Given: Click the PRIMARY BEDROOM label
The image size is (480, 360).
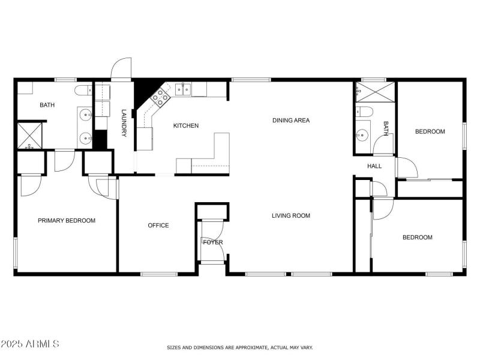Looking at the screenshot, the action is click(x=67, y=221).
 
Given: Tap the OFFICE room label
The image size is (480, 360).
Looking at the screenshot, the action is click(x=158, y=226).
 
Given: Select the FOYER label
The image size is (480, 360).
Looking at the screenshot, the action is click(x=212, y=242).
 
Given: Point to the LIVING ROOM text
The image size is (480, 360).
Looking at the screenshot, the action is click(x=291, y=215).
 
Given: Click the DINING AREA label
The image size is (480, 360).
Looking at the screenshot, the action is click(x=291, y=121).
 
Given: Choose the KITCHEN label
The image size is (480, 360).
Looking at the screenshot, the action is click(x=186, y=126).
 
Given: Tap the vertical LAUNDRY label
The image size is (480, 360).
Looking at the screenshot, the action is click(x=124, y=123).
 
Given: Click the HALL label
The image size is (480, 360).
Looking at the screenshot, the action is click(x=374, y=167).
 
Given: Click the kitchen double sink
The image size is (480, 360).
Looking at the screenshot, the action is click(x=184, y=90).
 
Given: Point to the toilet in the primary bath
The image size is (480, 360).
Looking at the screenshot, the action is click(x=84, y=91).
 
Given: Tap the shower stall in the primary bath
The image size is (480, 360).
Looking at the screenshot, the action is click(x=29, y=135).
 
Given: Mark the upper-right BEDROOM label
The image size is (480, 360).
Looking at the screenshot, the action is click(x=430, y=131).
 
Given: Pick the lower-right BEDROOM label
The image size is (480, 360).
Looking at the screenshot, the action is click(x=417, y=238).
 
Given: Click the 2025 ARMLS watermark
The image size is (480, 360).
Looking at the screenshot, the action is click(x=30, y=344).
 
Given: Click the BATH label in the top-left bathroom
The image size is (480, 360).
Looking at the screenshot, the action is click(x=47, y=106).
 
